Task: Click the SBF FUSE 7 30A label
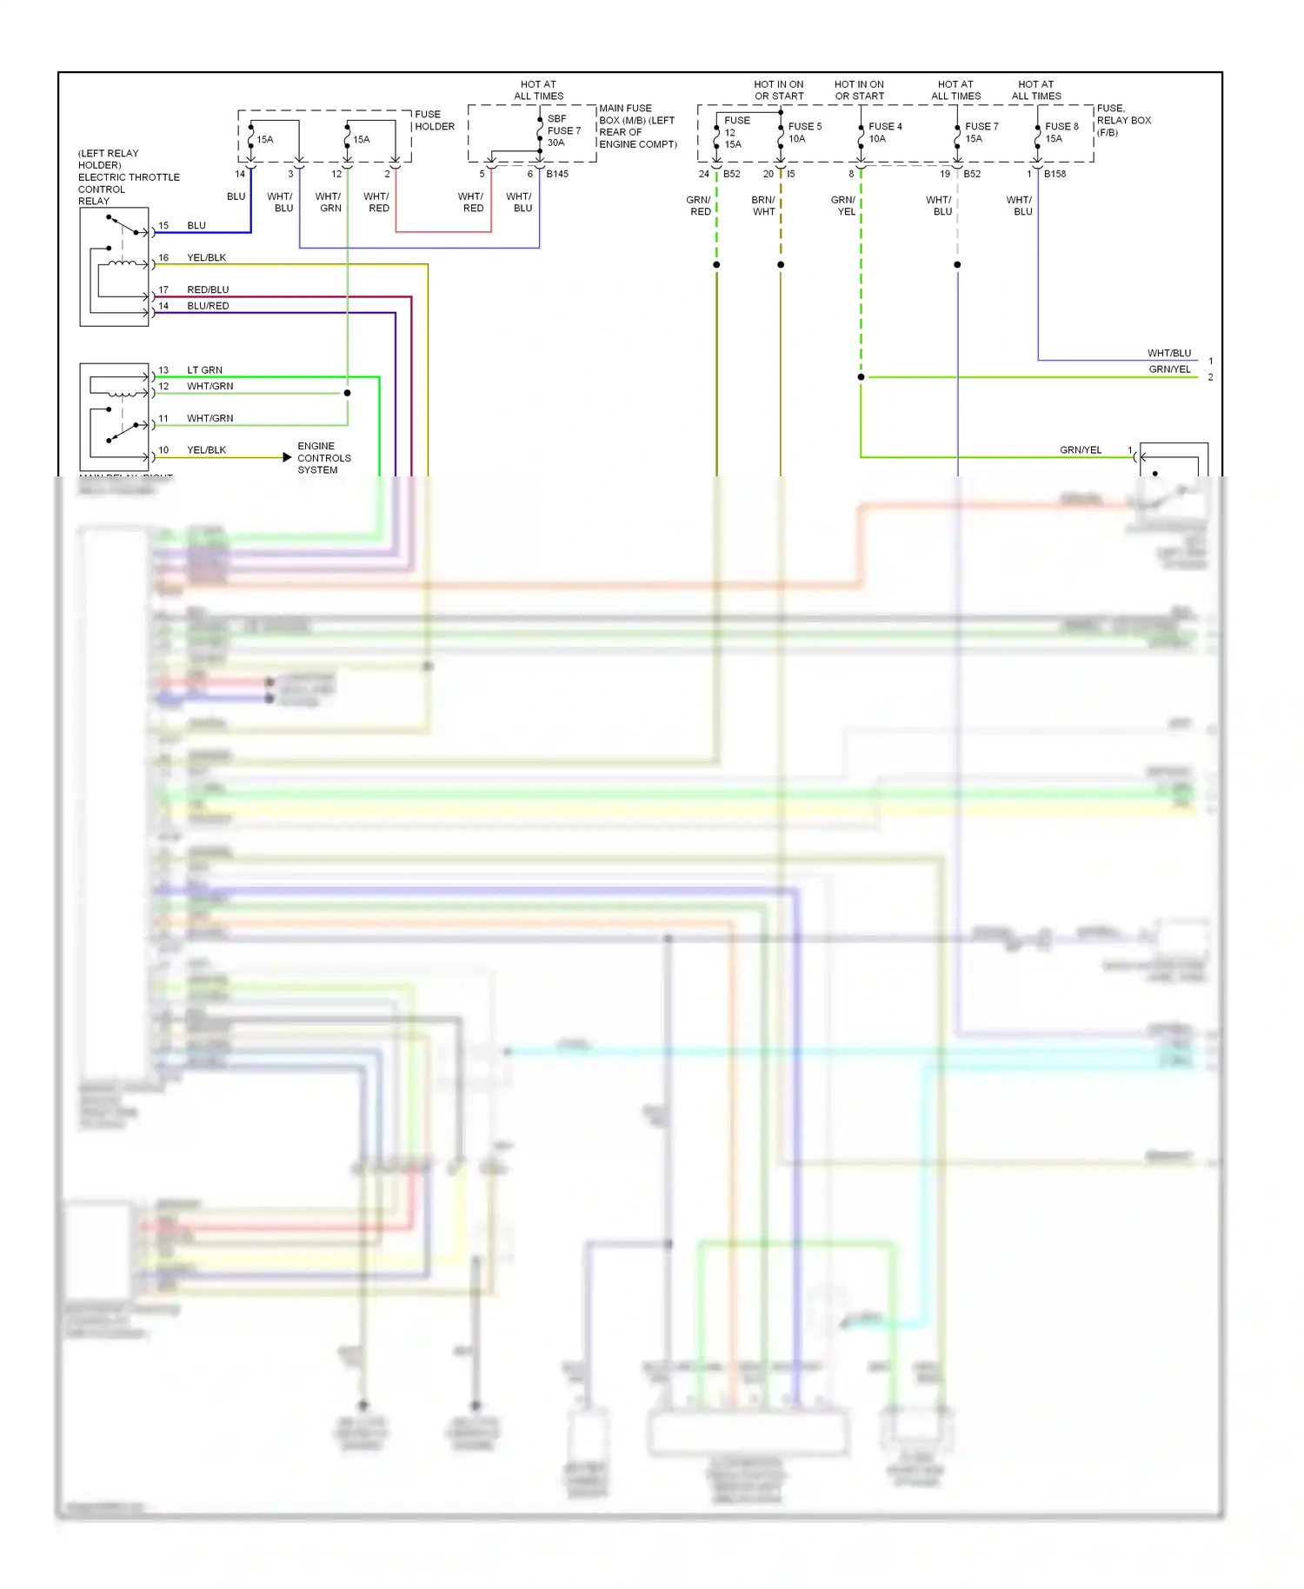(x=563, y=130)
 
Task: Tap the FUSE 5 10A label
(x=804, y=132)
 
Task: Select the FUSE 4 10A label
(x=884, y=132)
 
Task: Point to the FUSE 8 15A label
(x=1061, y=132)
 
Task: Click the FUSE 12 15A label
(x=735, y=132)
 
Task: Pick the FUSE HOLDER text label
(x=434, y=120)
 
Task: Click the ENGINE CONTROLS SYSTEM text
(x=323, y=458)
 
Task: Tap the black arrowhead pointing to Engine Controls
(x=287, y=457)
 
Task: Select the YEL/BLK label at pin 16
(x=206, y=258)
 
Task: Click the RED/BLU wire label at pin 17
(x=208, y=290)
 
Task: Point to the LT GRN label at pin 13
(x=204, y=370)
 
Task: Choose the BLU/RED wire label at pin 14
(x=208, y=306)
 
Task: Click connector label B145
(x=557, y=174)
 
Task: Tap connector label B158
(x=1055, y=174)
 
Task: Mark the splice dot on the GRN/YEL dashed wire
(x=861, y=377)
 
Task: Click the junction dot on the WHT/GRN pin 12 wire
(x=347, y=393)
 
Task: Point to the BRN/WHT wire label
(x=763, y=206)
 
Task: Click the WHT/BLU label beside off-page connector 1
(x=1168, y=354)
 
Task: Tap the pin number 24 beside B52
(x=703, y=174)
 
